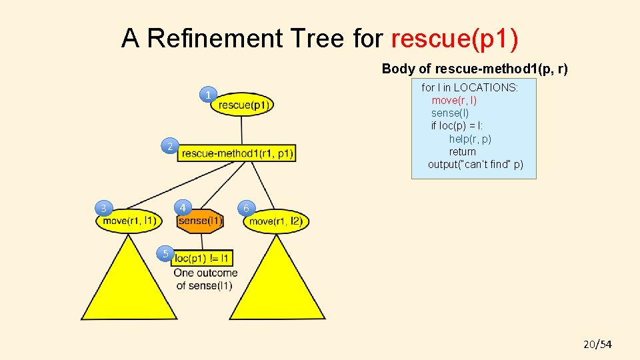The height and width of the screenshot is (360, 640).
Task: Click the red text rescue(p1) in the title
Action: pyautogui.click(x=454, y=39)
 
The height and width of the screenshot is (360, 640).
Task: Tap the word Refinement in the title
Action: pyautogui.click(x=215, y=39)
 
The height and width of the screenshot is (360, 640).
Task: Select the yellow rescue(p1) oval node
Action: pyautogui.click(x=242, y=104)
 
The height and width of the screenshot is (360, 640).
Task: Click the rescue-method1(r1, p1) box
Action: pyautogui.click(x=237, y=153)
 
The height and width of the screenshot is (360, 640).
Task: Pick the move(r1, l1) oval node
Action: pyautogui.click(x=129, y=221)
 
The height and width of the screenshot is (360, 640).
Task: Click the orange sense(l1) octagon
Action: pyautogui.click(x=201, y=221)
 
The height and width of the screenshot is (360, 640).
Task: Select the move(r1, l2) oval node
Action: pyautogui.click(x=276, y=221)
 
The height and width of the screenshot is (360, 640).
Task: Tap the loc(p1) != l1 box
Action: pyautogui.click(x=202, y=258)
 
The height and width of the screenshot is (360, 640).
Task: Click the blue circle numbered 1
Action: pyautogui.click(x=209, y=95)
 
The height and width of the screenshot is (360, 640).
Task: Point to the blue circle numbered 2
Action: pyautogui.click(x=171, y=147)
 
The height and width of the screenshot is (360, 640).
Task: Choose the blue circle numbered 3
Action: pyautogui.click(x=104, y=209)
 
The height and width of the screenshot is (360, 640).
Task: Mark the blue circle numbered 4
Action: pyautogui.click(x=183, y=207)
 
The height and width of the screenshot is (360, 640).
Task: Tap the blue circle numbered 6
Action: pyautogui.click(x=246, y=209)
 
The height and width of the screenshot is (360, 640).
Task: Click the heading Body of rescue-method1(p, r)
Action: pyautogui.click(x=474, y=69)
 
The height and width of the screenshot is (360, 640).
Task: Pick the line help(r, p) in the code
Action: pyautogui.click(x=469, y=139)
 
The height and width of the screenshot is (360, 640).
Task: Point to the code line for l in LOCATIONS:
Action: pyautogui.click(x=469, y=87)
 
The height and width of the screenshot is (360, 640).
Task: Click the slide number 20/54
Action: pyautogui.click(x=597, y=344)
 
